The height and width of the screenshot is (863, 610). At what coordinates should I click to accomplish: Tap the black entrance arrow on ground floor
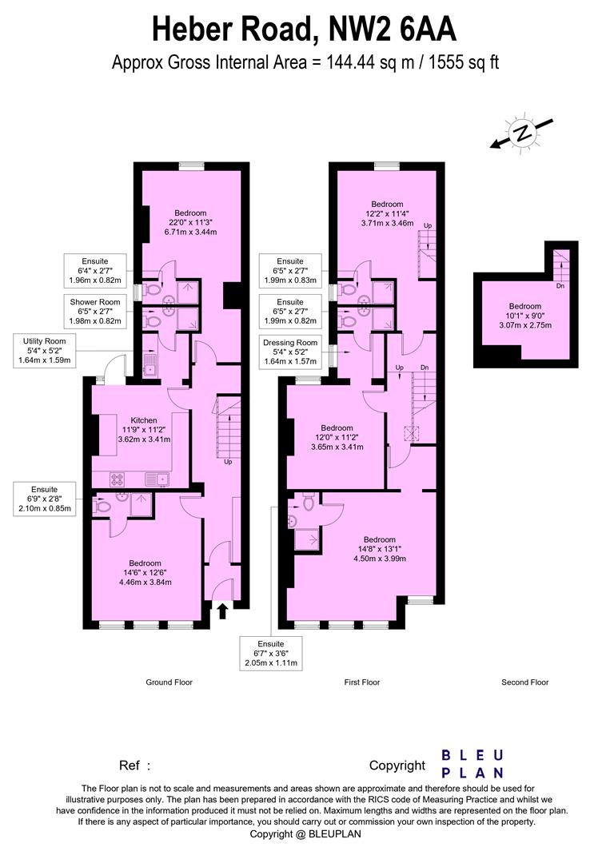(x=222, y=611)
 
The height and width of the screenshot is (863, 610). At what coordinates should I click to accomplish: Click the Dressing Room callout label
(x=290, y=352)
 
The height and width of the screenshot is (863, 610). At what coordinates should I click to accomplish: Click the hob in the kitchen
(x=117, y=479)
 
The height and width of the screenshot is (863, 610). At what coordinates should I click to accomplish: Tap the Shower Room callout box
(x=95, y=311)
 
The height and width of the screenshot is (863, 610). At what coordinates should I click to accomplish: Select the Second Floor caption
(x=524, y=682)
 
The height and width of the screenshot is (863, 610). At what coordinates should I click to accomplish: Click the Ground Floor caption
(x=169, y=682)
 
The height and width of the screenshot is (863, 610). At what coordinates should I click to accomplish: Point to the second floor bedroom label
(x=524, y=316)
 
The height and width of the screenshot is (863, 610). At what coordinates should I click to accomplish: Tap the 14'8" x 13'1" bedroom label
(x=379, y=549)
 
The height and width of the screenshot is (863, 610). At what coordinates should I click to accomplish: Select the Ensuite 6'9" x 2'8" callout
(x=46, y=499)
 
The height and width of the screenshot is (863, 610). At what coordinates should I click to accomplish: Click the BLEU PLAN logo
(x=472, y=763)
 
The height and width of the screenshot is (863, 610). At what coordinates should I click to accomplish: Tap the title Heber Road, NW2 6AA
(x=305, y=30)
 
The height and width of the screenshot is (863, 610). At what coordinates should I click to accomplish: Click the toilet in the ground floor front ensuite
(x=102, y=505)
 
